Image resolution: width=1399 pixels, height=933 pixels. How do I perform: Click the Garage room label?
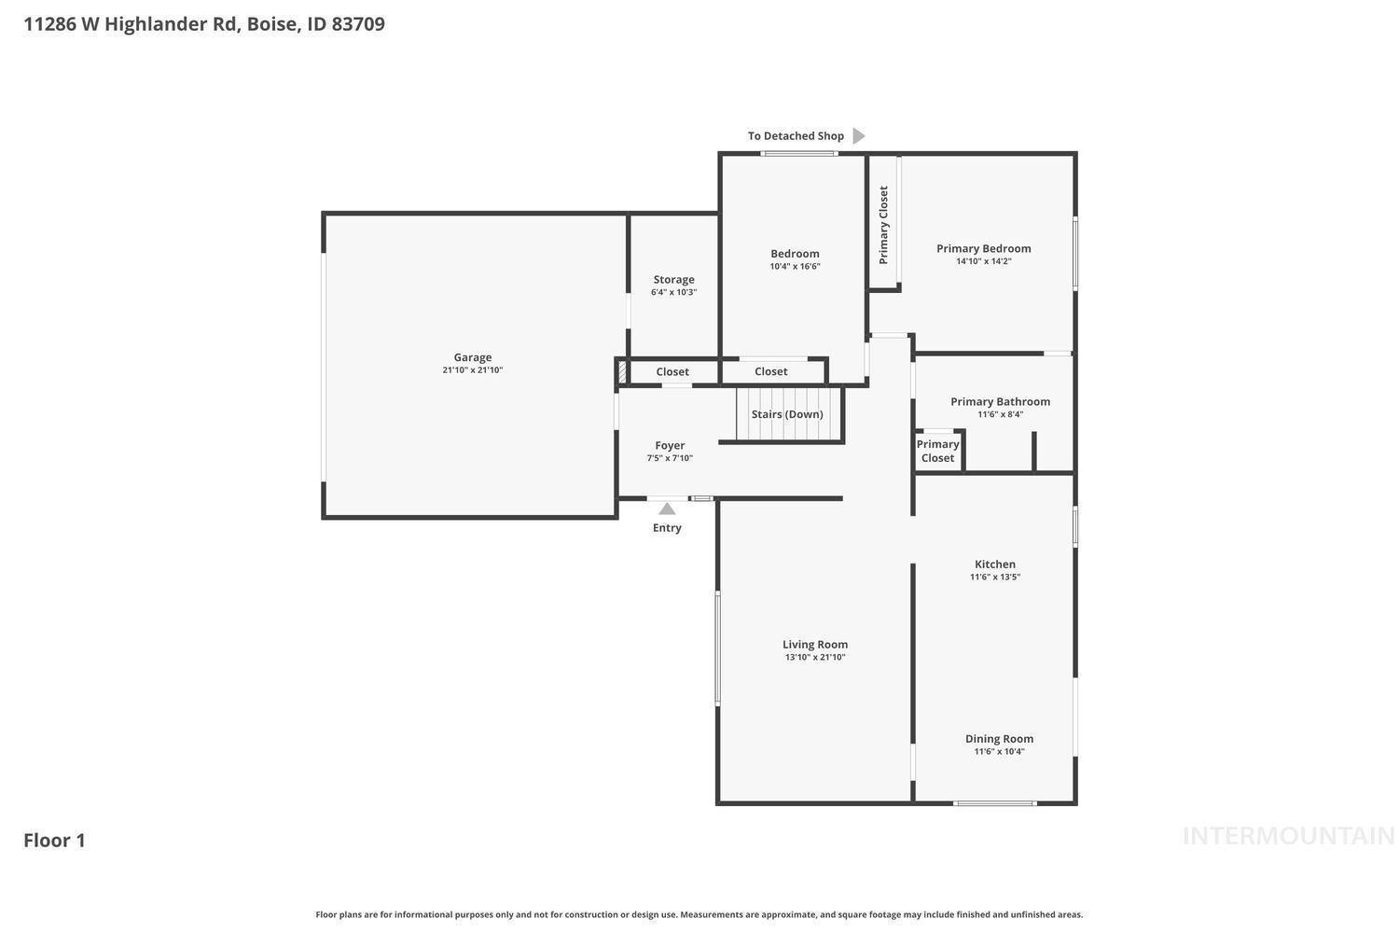click(x=472, y=357)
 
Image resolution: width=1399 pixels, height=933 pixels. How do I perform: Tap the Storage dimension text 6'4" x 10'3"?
click(x=673, y=292)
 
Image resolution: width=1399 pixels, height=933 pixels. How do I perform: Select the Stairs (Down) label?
click(x=787, y=414)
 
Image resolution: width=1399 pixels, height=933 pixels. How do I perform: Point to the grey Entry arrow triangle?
click(x=667, y=508)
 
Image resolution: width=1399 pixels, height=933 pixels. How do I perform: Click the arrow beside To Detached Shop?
click(x=859, y=135)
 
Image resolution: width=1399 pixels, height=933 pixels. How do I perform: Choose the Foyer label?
click(x=670, y=446)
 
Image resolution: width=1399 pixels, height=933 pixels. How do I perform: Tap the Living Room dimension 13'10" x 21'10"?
click(x=815, y=657)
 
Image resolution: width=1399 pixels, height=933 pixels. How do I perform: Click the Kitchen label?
click(x=995, y=564)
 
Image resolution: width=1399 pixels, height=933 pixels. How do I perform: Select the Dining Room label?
click(x=999, y=739)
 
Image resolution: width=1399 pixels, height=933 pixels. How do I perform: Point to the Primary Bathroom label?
click(x=1000, y=402)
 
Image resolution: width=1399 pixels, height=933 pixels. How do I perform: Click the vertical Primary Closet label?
click(x=883, y=225)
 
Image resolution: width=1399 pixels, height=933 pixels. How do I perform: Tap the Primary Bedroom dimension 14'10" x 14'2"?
click(x=984, y=261)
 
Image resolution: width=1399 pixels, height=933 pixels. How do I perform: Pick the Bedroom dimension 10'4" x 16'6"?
click(x=795, y=266)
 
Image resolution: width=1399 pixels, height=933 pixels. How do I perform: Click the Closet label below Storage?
click(x=672, y=372)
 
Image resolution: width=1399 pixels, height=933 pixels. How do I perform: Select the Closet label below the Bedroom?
click(x=770, y=371)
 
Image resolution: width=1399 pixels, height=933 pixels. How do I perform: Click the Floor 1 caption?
click(x=54, y=841)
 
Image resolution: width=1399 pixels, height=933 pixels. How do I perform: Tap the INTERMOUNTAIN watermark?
click(x=1289, y=836)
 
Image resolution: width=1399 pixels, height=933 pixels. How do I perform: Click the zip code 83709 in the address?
click(x=358, y=23)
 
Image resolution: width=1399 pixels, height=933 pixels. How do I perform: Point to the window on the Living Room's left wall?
click(x=717, y=648)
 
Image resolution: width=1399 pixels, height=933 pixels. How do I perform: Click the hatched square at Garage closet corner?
click(x=622, y=372)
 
